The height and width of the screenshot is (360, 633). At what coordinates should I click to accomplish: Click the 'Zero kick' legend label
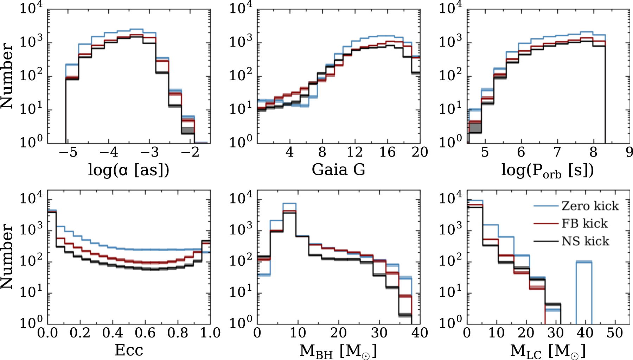590,206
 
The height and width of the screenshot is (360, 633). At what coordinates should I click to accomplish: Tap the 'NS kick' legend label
585,241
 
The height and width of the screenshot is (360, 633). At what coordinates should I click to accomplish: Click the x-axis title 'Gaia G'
338,170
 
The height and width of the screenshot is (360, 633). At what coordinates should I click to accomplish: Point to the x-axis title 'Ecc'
129,350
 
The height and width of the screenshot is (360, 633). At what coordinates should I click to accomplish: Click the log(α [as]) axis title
128,170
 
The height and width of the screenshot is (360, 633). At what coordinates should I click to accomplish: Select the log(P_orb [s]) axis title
547,171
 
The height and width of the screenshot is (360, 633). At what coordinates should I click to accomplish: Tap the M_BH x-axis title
338,351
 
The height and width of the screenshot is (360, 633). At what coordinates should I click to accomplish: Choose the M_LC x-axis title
548,351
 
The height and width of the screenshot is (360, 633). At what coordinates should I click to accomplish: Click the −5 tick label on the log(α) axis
68,152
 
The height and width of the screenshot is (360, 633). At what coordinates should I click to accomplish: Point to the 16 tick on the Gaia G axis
387,152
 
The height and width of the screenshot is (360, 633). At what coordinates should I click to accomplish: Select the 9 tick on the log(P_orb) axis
629,152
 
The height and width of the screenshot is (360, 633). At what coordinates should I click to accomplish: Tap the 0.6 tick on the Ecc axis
145,333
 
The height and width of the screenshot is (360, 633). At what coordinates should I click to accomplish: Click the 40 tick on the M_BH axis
420,333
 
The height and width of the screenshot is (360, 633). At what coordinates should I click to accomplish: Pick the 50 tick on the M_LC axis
614,333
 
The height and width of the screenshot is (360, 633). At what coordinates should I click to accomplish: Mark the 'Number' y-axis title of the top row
7,76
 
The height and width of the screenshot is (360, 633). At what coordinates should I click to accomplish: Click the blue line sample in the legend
546,206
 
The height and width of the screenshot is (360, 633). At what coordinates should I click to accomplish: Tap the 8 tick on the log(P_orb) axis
593,152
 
